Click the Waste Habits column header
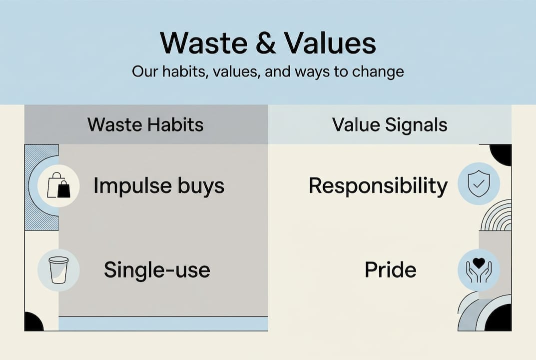pyautogui.click(x=146, y=124)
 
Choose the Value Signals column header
pyautogui.click(x=390, y=124)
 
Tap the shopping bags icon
pyautogui.click(x=58, y=186)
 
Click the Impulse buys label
pyautogui.click(x=159, y=186)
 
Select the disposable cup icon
pyautogui.click(x=58, y=270)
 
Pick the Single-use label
pyautogui.click(x=157, y=270)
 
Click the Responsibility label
pyautogui.click(x=378, y=186)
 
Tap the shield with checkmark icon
pyautogui.click(x=479, y=184)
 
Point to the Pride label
pyautogui.click(x=390, y=270)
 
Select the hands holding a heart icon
pyautogui.click(x=479, y=270)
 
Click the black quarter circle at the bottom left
pyautogui.click(x=33, y=322)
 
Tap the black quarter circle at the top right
pyautogui.click(x=502, y=153)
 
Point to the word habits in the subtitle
pyautogui.click(x=180, y=71)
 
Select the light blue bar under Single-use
pyautogui.click(x=163, y=324)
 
